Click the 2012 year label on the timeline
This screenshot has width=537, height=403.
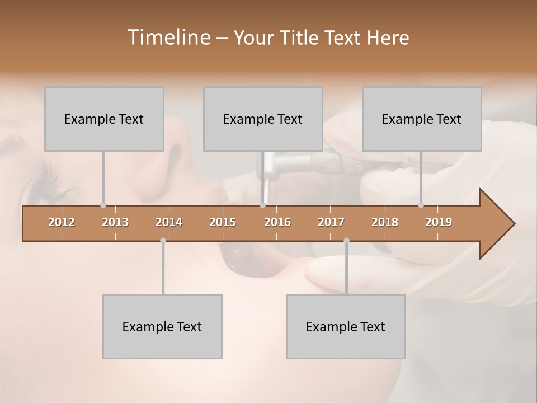click(x=62, y=222)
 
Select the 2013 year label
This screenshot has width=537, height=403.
click(x=115, y=222)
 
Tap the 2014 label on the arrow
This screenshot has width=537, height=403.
click(x=169, y=222)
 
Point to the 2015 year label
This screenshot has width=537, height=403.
click(x=223, y=222)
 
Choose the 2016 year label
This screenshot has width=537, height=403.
click(x=277, y=222)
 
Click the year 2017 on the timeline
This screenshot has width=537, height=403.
click(x=331, y=222)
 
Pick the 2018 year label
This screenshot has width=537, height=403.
click(x=385, y=222)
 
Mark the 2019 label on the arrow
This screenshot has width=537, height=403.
click(x=439, y=222)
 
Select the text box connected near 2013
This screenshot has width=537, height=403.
click(x=104, y=119)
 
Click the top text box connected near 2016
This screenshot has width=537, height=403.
click(x=263, y=119)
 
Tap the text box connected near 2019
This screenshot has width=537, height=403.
click(x=422, y=119)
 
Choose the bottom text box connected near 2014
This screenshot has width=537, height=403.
click(x=162, y=326)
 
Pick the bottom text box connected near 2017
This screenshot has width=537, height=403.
click(x=346, y=326)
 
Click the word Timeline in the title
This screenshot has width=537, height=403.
click(x=168, y=38)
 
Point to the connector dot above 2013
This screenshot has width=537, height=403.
click(x=103, y=205)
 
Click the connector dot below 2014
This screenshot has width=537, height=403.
click(x=163, y=241)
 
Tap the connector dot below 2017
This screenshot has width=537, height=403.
click(x=346, y=241)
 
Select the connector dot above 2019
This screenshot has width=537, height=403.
click(x=421, y=205)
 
